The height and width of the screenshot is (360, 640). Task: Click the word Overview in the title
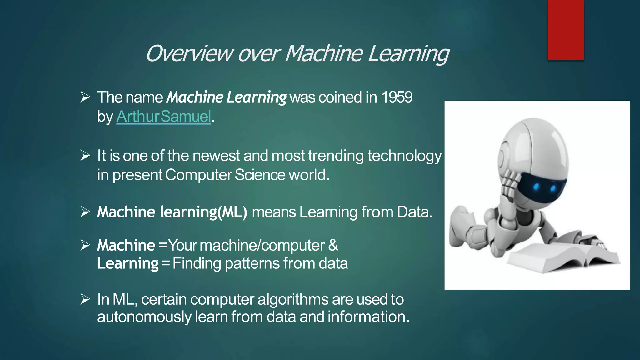tap(189, 54)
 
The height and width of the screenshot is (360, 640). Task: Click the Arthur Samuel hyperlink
tap(164, 117)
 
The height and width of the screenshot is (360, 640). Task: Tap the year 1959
tap(397, 97)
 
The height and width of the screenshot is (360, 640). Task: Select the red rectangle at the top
tap(566, 30)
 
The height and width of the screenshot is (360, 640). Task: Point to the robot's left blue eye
tap(536, 187)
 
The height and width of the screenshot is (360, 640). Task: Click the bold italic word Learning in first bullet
tap(256, 97)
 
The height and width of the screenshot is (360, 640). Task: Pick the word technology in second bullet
tap(404, 156)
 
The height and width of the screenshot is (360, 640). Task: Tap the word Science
tap(260, 175)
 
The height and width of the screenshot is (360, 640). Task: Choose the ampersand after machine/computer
tap(333, 245)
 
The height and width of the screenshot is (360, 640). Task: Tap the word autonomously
tap(144, 317)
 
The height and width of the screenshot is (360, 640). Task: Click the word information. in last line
tap(368, 317)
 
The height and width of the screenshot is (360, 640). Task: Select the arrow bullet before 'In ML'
tap(85, 299)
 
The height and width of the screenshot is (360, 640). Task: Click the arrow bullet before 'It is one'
tap(85, 155)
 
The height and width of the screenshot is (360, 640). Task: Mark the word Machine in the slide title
tap(324, 54)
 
